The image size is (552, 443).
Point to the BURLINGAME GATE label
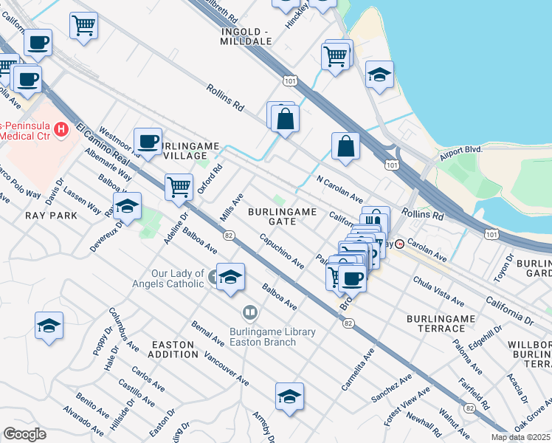click(282, 216)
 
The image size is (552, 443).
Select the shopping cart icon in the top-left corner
click(83, 25)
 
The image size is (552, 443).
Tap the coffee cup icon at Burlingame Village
click(148, 140)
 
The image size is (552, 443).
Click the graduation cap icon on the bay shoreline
click(379, 74)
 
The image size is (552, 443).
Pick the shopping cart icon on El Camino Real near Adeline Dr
click(179, 188)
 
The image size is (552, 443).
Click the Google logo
click(24, 434)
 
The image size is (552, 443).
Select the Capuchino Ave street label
click(281, 251)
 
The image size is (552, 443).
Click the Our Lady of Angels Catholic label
click(178, 278)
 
